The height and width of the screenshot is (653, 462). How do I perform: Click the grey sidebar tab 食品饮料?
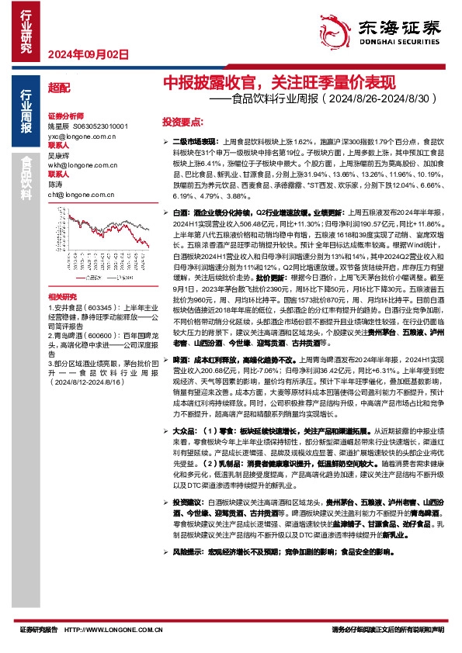point(26,180)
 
